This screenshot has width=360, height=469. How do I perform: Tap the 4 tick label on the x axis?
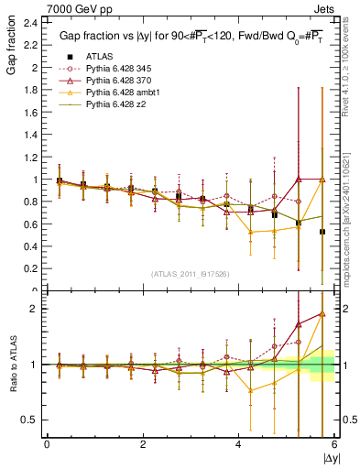click(239, 444)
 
